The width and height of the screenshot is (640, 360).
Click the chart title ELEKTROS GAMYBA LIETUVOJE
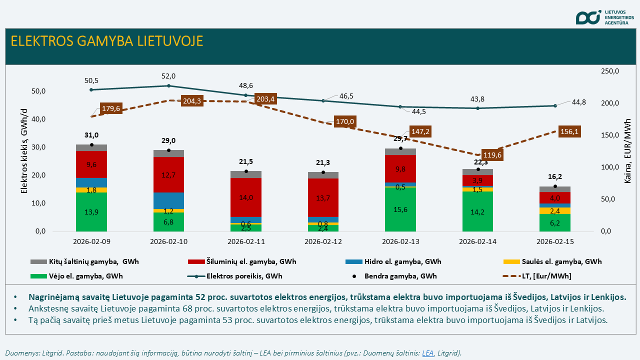click(107, 41)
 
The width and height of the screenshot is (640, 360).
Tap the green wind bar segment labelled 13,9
click(91, 212)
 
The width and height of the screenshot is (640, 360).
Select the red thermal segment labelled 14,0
click(246, 197)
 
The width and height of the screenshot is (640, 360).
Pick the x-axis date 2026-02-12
click(323, 241)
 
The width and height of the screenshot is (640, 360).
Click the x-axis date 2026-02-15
click(555, 241)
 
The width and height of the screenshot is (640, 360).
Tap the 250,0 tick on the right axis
click(609, 71)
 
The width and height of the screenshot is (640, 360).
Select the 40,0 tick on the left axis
click(38, 119)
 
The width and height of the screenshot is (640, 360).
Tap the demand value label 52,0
click(168, 76)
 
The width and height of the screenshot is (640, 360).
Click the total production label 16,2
click(555, 176)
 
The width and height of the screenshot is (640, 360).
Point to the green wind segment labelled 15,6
click(400, 209)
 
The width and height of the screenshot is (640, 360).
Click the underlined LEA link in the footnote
click(427, 353)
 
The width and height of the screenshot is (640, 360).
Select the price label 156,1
click(570, 131)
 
